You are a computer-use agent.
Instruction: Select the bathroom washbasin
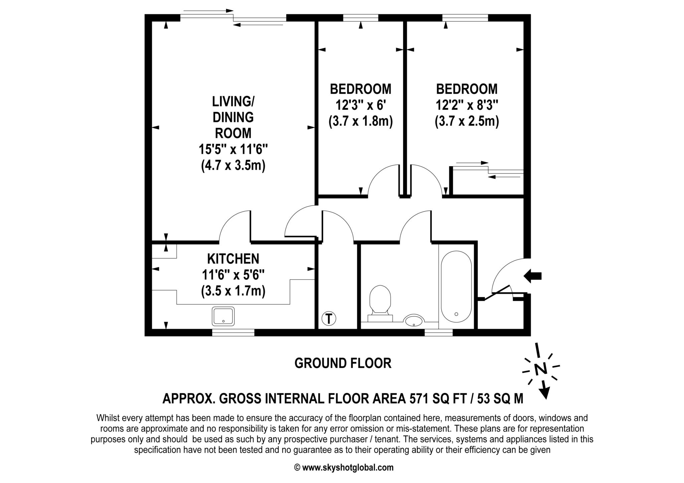tap(414, 321)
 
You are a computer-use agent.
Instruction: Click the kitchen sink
tap(223, 316)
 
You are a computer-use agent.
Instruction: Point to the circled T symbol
tap(329, 318)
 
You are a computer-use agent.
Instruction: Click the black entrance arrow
tap(532, 276)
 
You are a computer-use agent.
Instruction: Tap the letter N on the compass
tap(540, 369)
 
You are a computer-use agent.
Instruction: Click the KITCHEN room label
tap(233, 259)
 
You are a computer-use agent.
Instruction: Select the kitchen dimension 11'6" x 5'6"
tap(233, 275)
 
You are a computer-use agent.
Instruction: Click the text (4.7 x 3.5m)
tap(233, 165)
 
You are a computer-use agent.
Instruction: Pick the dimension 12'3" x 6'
tap(361, 105)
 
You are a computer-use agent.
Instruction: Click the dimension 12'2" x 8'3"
tap(467, 105)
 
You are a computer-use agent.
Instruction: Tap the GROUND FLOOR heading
tap(343, 363)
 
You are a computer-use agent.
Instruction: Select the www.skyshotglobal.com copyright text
tap(348, 467)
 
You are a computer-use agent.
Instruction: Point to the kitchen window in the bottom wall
tap(233, 332)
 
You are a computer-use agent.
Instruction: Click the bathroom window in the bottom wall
tap(439, 332)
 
